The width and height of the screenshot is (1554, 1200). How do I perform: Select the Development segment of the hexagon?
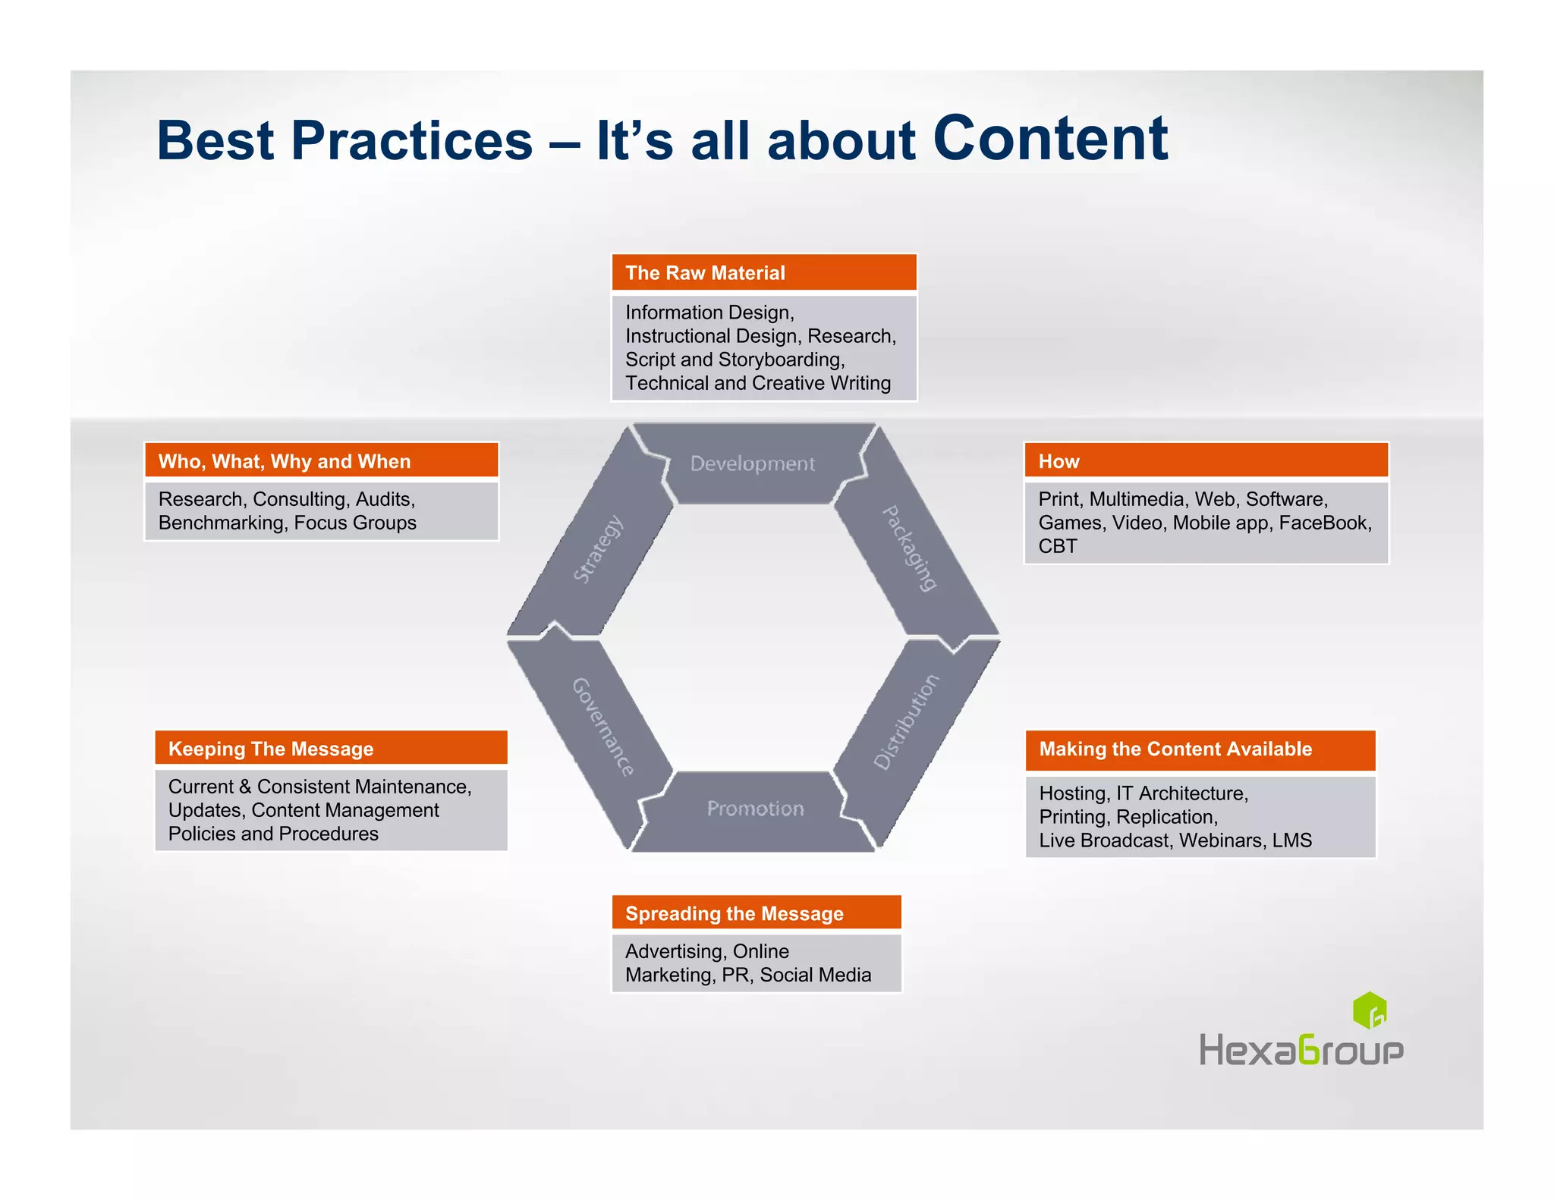click(752, 463)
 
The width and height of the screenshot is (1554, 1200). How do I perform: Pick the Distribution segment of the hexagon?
click(906, 721)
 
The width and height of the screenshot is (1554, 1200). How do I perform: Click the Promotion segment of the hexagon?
click(754, 809)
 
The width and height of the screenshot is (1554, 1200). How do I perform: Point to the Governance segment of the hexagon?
click(602, 726)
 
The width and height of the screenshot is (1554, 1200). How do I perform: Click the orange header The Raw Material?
click(763, 273)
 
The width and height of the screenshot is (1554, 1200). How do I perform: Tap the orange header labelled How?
click(1205, 461)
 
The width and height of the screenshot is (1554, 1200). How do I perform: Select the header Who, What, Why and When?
click(321, 461)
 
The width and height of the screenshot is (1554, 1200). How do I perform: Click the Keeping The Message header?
click(331, 749)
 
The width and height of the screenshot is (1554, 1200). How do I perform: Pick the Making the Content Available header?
click(1200, 749)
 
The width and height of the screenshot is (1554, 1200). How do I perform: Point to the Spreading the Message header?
click(756, 913)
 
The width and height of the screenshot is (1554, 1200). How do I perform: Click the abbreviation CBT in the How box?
click(1057, 546)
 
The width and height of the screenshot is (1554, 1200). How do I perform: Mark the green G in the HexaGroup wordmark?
click(1309, 1051)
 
